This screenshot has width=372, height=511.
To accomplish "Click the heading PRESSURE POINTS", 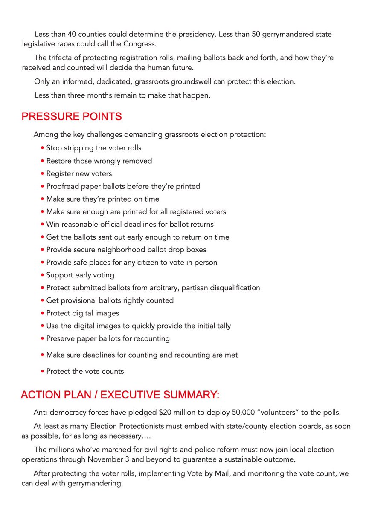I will [72, 117].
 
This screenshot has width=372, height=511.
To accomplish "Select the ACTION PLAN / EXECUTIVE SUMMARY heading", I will [120, 395].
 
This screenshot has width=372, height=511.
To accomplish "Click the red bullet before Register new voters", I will [43, 174].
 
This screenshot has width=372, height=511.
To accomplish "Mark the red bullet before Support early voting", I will [43, 275].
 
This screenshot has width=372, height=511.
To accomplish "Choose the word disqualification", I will [231, 288].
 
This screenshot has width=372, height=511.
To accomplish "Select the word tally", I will [223, 326].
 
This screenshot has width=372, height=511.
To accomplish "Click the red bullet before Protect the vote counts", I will [43, 372].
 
